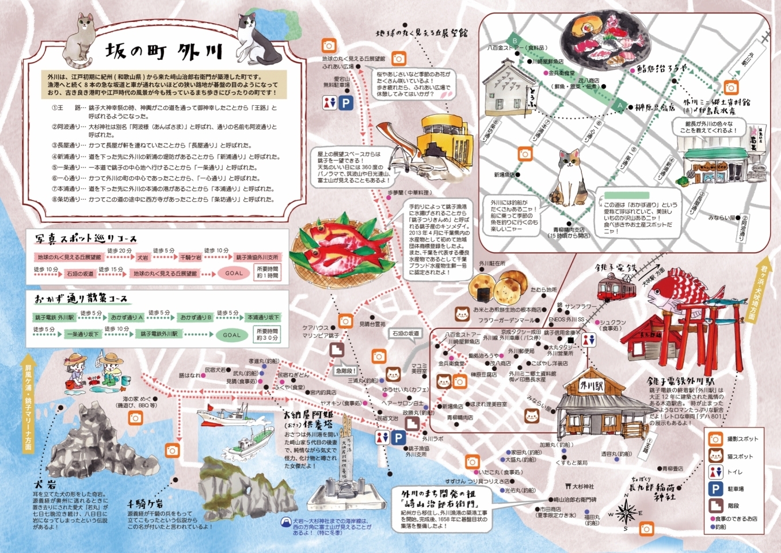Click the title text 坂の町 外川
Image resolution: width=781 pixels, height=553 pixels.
coord(163,52)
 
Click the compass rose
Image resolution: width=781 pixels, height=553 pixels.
coord(626,511)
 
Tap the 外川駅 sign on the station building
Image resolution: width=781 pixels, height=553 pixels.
coord(592,386)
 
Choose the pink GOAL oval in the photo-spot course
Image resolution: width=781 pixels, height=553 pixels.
coord(234,273)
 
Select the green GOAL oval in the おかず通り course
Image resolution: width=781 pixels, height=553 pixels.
coord(232,335)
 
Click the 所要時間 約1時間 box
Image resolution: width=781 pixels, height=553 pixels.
coord(268,272)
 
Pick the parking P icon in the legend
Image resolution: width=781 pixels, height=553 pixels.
coord(715,489)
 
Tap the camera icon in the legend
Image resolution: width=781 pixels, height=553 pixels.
coord(715,439)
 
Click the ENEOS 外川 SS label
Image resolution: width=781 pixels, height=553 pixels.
coord(566,319)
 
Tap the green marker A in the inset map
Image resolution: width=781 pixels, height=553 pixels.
coord(619,106)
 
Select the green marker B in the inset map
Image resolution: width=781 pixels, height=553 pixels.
coord(515,41)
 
